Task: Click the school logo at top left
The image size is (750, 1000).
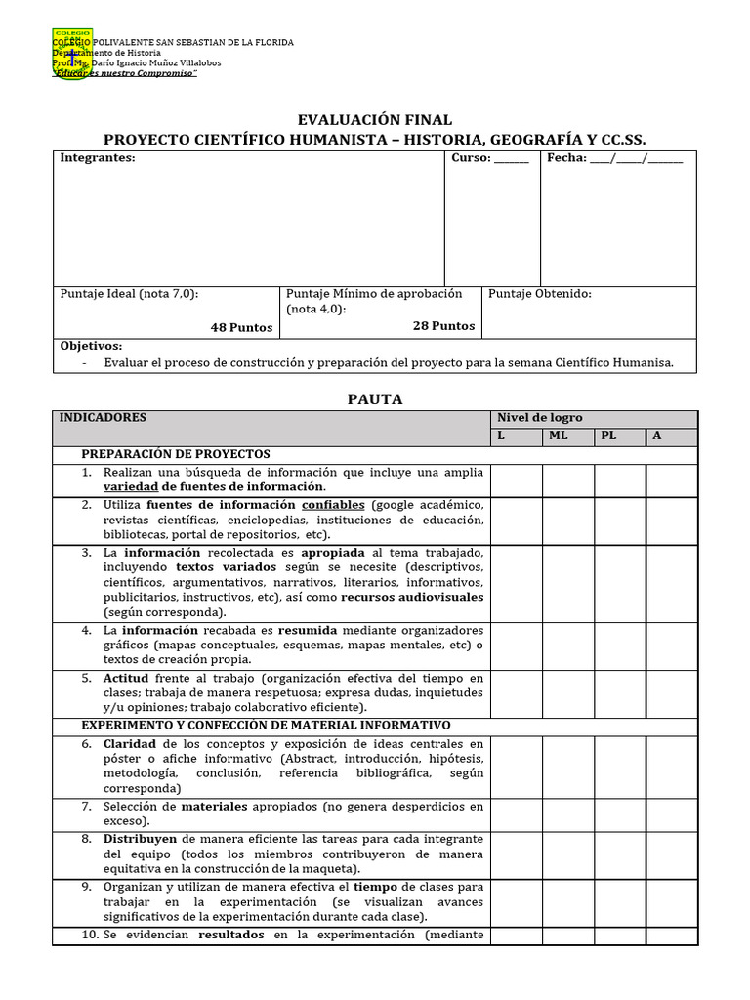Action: [72, 56]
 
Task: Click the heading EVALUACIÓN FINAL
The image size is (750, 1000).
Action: [375, 119]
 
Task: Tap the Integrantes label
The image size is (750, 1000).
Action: [98, 158]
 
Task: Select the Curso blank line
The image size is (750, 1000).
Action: [512, 160]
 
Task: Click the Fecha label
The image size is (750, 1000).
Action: [566, 158]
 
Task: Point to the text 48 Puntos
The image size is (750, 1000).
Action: [241, 328]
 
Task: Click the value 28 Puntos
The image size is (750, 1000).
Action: [443, 326]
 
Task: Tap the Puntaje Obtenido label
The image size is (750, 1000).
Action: [539, 294]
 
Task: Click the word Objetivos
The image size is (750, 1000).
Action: [91, 346]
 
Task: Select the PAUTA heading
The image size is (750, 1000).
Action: [375, 399]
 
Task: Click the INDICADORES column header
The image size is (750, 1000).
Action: [103, 418]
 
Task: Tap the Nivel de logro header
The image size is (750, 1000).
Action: [540, 418]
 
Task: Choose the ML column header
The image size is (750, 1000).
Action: [558, 436]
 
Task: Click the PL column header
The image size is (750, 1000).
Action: [608, 436]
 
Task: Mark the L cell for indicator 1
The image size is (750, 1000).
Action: [516, 480]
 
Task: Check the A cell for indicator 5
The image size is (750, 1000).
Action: [672, 693]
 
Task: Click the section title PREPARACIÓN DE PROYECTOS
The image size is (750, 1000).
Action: [176, 454]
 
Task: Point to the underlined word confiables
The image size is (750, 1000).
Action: [333, 505]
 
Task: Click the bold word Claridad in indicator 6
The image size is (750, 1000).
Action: [130, 744]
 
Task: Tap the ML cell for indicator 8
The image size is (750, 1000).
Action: [567, 854]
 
